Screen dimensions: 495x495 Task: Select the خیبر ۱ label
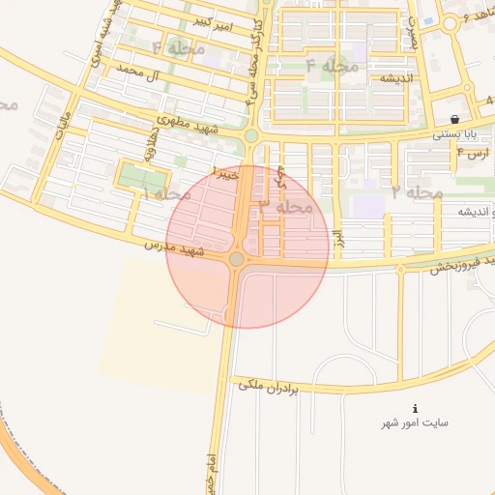[x=224, y=175]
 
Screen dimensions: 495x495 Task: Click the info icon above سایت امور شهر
[x=416, y=409]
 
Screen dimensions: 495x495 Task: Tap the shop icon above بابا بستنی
[x=453, y=119]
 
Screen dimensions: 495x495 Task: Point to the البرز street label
[x=337, y=238]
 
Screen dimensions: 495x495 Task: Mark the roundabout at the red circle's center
[x=237, y=259]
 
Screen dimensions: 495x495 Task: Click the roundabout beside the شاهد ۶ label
[x=450, y=23]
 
